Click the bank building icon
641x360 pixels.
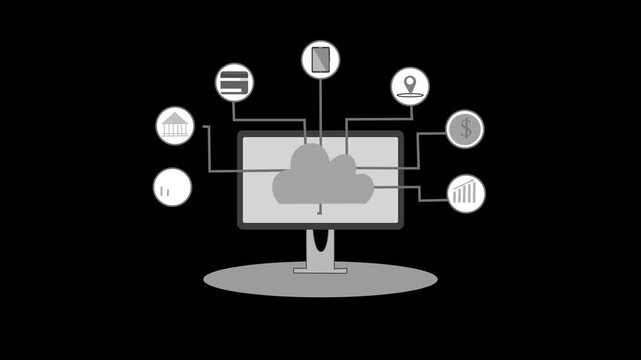click(x=175, y=126)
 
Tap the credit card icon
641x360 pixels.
click(x=234, y=82)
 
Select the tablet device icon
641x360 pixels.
click(x=320, y=59)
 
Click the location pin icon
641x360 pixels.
click(x=409, y=86)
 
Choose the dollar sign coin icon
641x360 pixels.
click(x=464, y=129)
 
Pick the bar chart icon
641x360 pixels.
click(x=465, y=193)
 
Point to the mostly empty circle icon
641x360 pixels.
click(x=172, y=187)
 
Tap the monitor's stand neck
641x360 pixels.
click(x=320, y=246)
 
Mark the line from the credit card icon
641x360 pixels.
click(x=270, y=119)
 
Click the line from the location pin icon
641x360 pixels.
click(x=375, y=120)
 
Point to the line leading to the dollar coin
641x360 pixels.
click(x=417, y=150)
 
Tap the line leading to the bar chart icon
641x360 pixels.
click(x=418, y=193)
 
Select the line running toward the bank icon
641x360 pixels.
click(x=209, y=150)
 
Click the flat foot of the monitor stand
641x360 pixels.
click(x=320, y=268)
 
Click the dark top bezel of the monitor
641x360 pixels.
click(x=320, y=133)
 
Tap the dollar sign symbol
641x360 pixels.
click(x=464, y=129)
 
